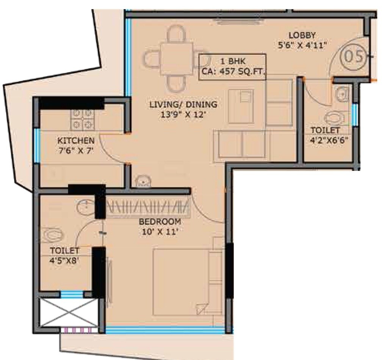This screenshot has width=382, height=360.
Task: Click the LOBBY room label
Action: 302,35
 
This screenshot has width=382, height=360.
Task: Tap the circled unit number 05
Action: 353,56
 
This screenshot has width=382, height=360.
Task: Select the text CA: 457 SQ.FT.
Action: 233,71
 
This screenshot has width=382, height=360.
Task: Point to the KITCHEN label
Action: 76,141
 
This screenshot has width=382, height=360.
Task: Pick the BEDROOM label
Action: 159,222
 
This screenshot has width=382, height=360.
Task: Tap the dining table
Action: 176,59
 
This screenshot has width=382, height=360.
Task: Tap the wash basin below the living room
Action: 142,182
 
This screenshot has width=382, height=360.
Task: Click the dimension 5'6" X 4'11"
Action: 302,45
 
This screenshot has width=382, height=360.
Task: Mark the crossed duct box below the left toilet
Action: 69,313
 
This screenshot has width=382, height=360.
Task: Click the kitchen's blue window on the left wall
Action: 36,146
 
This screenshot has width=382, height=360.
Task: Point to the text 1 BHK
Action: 233,61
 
